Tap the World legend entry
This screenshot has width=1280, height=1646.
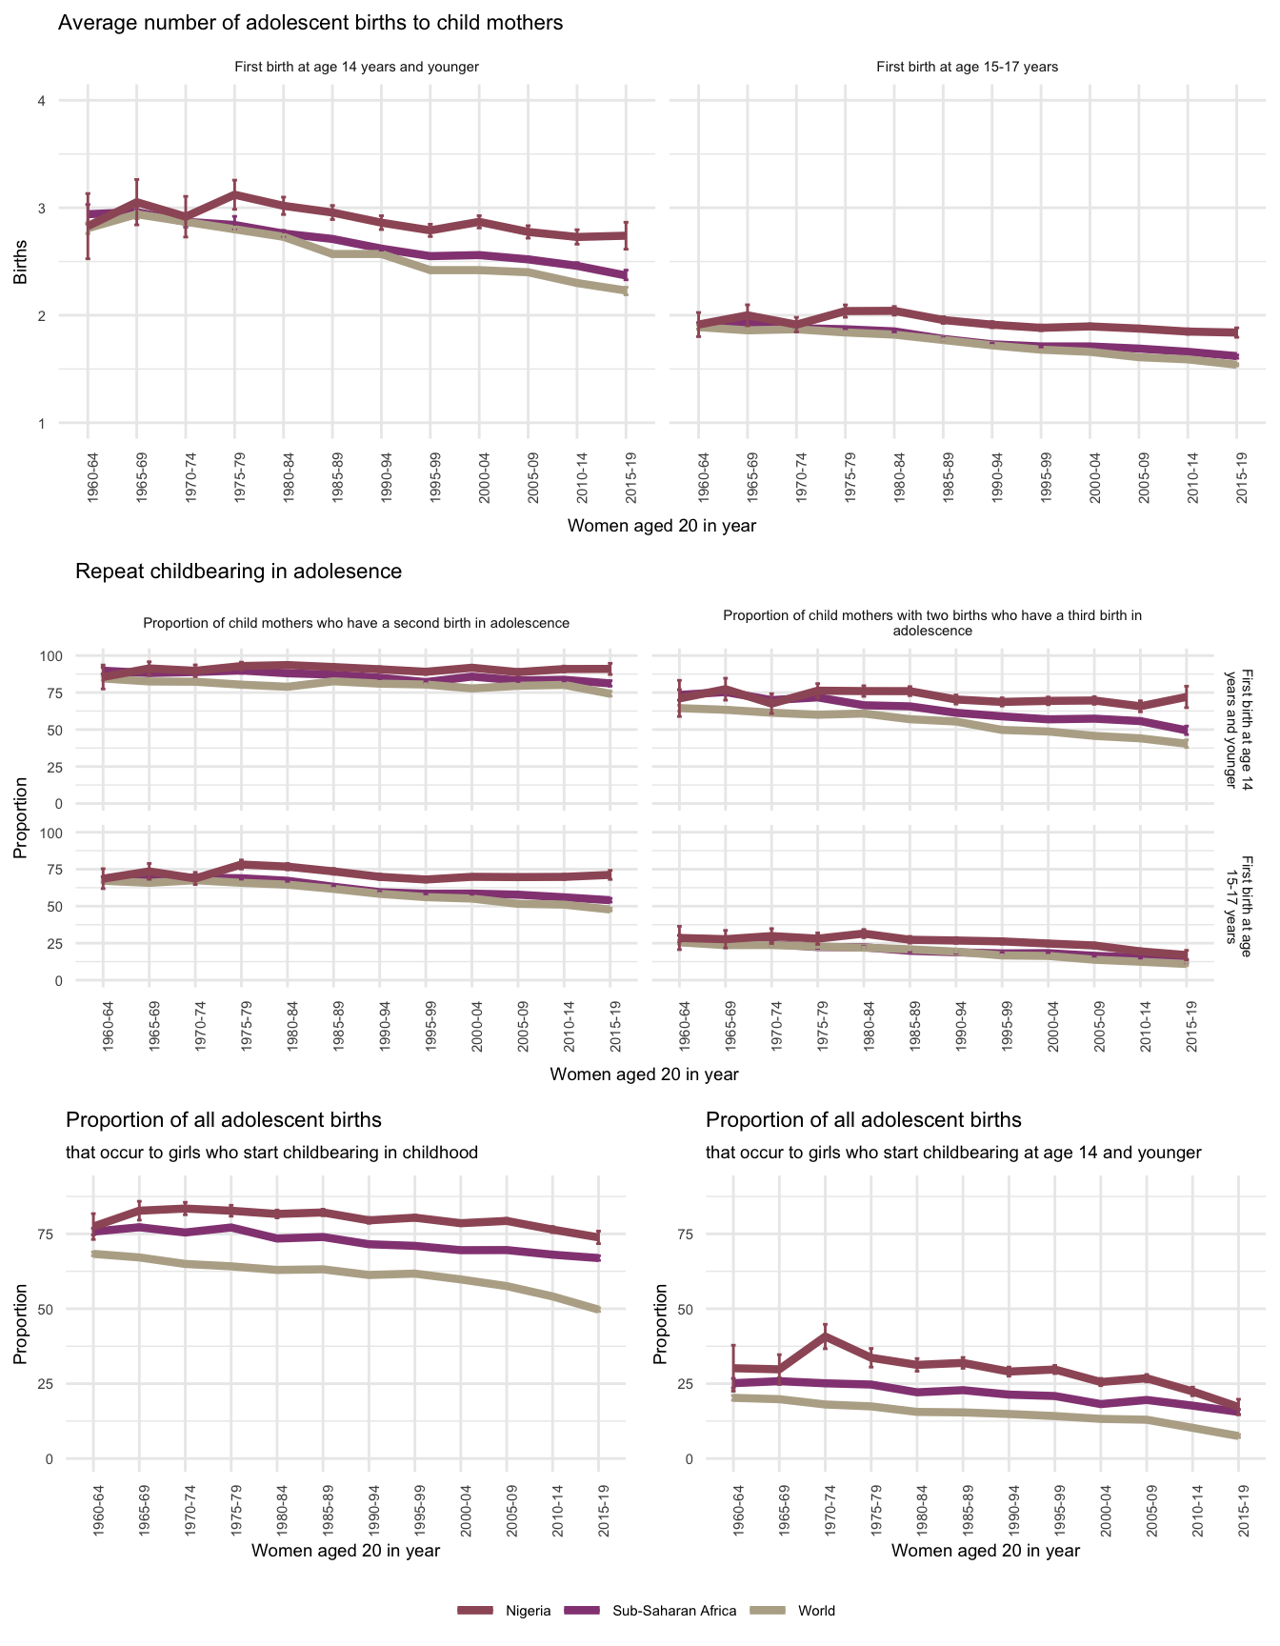[816, 1611]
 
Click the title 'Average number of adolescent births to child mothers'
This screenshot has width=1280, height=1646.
[310, 23]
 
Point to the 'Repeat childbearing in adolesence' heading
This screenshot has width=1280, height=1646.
[238, 572]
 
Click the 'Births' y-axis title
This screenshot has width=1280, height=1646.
[20, 262]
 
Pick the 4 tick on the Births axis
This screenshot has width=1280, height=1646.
[41, 101]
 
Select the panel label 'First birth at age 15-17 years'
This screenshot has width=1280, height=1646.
[967, 68]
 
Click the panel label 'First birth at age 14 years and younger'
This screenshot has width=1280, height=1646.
[356, 68]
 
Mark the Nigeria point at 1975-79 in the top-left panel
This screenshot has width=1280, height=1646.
[234, 194]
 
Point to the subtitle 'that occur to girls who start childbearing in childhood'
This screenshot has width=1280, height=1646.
[271, 1153]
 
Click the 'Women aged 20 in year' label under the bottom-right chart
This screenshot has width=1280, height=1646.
[986, 1551]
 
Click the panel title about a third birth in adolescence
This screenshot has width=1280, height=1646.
[932, 623]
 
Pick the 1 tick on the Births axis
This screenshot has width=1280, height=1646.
[41, 423]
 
